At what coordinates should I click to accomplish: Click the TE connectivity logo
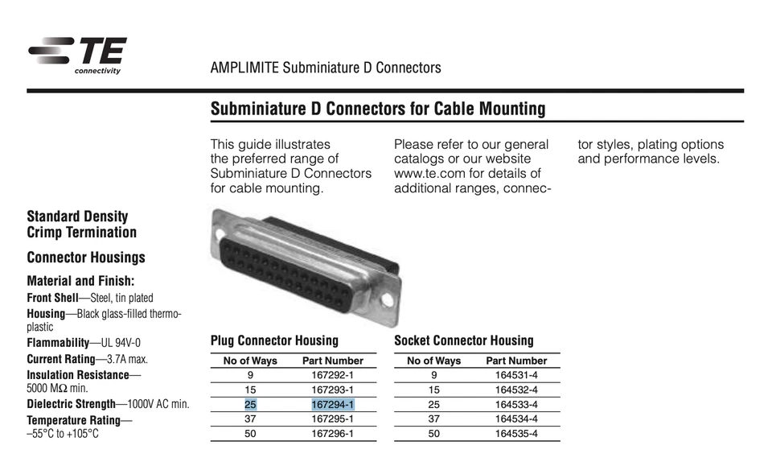tap(77, 55)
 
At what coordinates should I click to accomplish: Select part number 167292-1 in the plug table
tap(332, 375)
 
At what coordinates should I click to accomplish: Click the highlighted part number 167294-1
tap(332, 404)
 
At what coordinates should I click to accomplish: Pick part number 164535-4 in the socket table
tap(516, 434)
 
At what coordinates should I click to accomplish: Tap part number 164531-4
tap(516, 375)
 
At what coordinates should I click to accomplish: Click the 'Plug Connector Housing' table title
tap(274, 340)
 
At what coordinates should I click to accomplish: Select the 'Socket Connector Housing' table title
tap(463, 340)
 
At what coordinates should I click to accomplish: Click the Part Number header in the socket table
tap(516, 361)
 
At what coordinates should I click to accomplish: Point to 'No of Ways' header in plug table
tap(250, 361)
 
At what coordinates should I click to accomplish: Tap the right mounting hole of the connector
tap(388, 300)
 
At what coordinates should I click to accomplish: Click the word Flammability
tap(57, 343)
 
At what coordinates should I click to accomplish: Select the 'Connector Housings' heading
tap(86, 258)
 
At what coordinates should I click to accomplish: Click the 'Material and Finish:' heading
tap(80, 282)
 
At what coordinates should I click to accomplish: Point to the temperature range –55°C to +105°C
tap(63, 434)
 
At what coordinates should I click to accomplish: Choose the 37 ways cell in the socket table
tap(434, 419)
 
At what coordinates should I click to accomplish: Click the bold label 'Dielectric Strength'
tap(71, 404)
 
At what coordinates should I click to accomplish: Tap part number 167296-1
tap(332, 434)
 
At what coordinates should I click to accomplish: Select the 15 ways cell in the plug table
tap(251, 390)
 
